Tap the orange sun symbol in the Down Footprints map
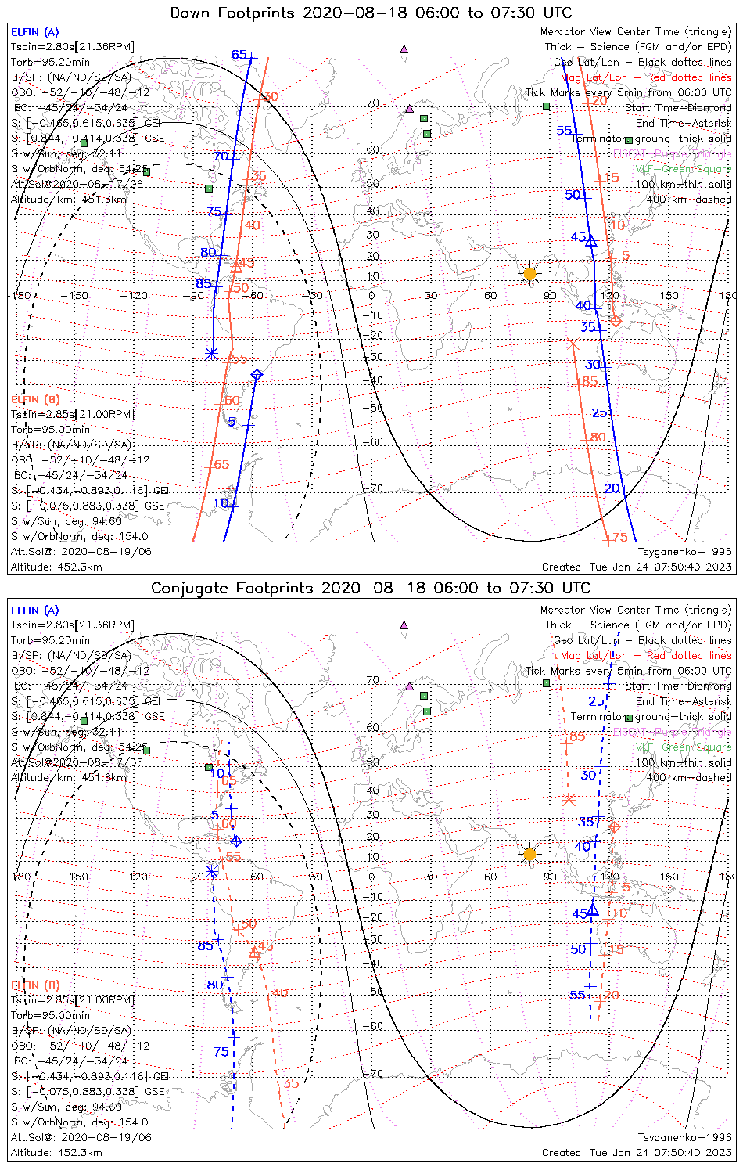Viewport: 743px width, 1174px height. point(529,273)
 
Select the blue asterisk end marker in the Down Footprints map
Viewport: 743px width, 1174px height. point(211,353)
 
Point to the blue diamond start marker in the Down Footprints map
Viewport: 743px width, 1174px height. point(257,375)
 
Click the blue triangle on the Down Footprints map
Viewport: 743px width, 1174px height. point(591,241)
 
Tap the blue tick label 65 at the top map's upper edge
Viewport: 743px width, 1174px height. point(239,55)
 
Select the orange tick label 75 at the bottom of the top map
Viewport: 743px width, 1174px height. point(619,538)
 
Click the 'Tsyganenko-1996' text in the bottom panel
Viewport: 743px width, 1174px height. point(684,1137)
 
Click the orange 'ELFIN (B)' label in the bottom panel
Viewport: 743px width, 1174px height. point(35,985)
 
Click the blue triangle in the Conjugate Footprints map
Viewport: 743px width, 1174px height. point(593,909)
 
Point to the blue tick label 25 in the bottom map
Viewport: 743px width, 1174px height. point(597,701)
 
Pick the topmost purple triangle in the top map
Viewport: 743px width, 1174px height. point(404,49)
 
